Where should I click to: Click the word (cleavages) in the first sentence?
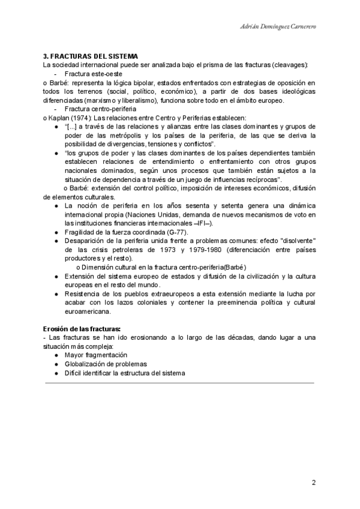pyautogui.click(x=290, y=64)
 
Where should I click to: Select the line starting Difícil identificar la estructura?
pyautogui.click(x=125, y=373)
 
